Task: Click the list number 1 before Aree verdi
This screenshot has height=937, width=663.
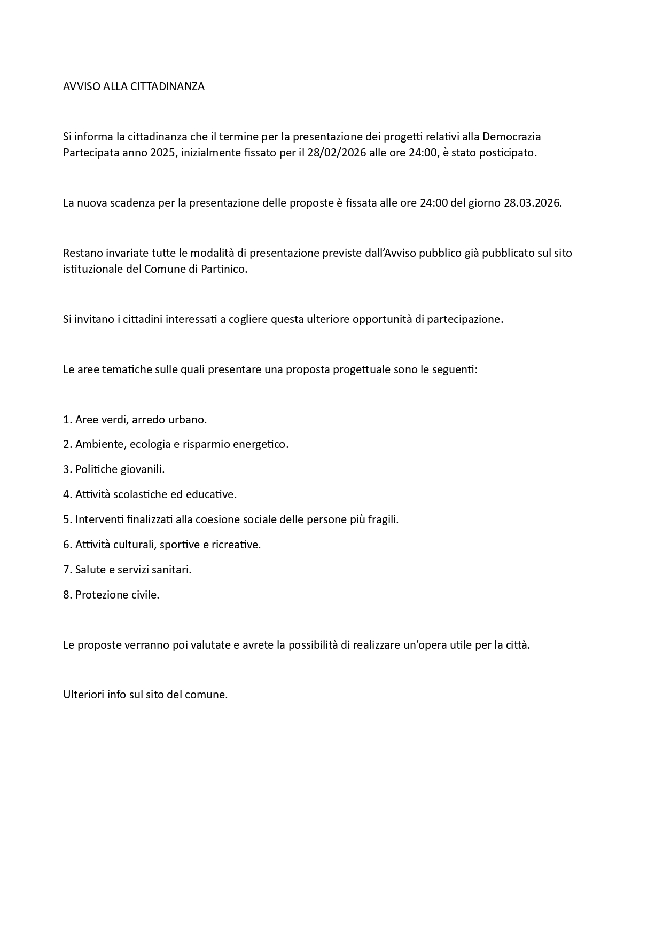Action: [x=66, y=420]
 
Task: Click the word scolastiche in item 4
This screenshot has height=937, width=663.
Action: [x=140, y=494]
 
